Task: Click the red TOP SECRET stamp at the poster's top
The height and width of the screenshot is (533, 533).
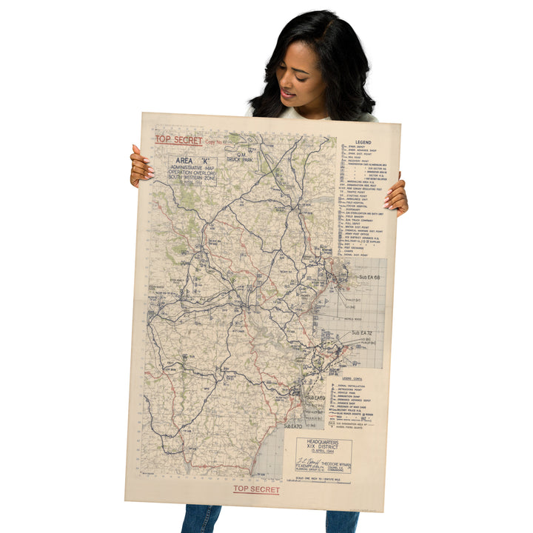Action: (178, 140)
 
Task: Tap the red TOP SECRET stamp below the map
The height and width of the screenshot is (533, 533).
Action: (257, 489)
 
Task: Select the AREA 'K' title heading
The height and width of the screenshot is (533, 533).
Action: (182, 159)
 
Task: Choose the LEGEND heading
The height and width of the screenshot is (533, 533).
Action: (363, 142)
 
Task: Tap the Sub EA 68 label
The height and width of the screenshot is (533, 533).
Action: (369, 277)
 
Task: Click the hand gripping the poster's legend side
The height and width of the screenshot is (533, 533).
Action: (396, 198)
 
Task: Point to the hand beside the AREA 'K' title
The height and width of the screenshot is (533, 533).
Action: (140, 166)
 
